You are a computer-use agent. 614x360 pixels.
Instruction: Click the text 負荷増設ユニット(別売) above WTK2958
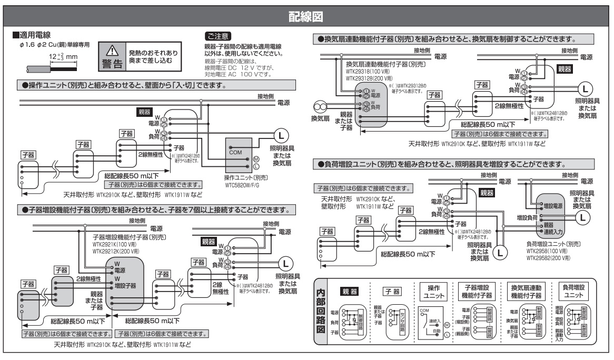click(x=552, y=244)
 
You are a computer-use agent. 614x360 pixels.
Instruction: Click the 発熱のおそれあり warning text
click(x=153, y=53)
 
